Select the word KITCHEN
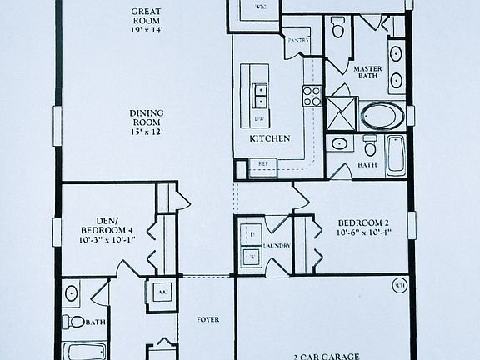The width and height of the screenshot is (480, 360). coord(270,137)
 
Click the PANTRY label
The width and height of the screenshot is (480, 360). coord(297,40)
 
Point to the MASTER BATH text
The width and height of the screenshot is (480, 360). coord(367,73)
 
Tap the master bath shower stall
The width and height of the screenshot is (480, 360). coord(341,114)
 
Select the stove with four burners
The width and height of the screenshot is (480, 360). coord(312,96)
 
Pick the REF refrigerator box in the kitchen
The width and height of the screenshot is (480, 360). coord(262,163)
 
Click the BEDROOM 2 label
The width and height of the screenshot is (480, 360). coord(364,222)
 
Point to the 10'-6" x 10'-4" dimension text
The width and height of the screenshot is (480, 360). coord(364,232)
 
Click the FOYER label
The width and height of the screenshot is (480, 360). coord(207,319)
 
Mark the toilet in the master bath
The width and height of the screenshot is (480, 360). coord(337,30)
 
